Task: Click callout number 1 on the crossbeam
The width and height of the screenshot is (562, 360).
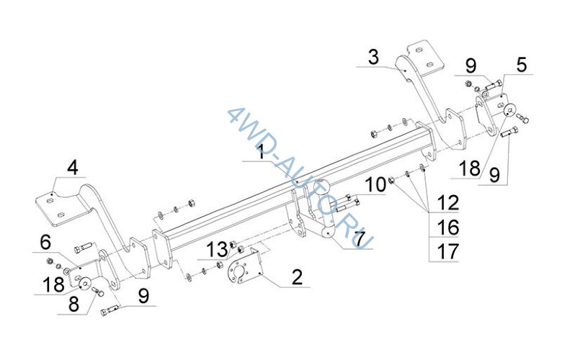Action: [x=262, y=152]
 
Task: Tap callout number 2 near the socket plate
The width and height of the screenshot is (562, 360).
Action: [x=297, y=278]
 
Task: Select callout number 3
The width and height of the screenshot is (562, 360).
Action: [x=373, y=58]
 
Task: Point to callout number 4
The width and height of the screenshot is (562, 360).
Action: [x=73, y=168]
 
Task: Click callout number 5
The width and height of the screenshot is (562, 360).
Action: [x=522, y=66]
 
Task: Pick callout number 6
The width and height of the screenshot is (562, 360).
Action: [x=45, y=243]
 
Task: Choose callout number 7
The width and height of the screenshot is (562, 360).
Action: [x=359, y=239]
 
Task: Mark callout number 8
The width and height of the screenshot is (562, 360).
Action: [x=73, y=305]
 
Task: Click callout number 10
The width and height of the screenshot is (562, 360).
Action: [x=375, y=185]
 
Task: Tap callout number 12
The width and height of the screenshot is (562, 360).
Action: [x=447, y=203]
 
